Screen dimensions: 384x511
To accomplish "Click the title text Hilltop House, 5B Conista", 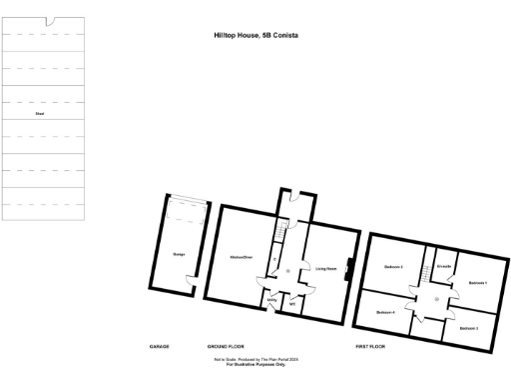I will pos(255,35).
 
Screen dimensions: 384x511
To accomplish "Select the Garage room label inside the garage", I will pos(180,255).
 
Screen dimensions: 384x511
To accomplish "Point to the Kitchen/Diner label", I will pos(241,256).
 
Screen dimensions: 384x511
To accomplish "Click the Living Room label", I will pos(325,268).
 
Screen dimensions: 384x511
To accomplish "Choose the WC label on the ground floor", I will pos(293,301).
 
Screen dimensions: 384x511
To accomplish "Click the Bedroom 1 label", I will pos(477,283).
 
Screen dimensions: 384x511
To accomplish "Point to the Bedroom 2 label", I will pos(392,267).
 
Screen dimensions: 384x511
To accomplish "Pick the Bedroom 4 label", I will pos(386,313).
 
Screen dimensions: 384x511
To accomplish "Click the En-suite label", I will pos(445,267).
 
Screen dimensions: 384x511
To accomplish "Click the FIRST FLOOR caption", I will pos(371,346).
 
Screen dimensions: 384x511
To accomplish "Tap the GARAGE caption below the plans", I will pos(160,346).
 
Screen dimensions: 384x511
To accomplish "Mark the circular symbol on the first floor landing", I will pos(436,299).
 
